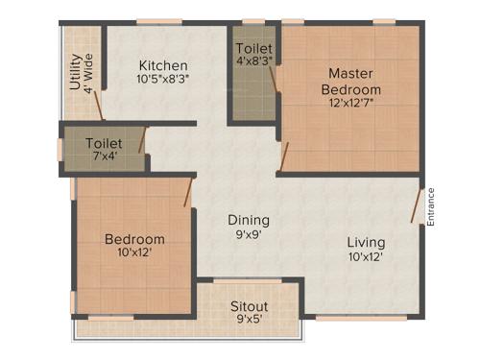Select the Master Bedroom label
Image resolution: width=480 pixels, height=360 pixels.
point(350,81)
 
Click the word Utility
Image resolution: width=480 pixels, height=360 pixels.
point(75,72)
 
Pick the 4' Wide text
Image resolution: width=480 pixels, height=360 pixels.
point(88,72)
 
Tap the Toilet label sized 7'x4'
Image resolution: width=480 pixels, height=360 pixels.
point(103,143)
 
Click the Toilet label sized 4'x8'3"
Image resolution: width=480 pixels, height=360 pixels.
point(253,48)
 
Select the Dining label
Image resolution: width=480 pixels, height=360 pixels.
point(248,219)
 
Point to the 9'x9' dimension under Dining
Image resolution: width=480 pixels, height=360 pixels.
point(248,233)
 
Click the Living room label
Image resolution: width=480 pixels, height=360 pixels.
point(366,242)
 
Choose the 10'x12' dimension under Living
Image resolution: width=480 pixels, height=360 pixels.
point(366,256)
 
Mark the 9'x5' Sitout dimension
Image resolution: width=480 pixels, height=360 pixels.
point(249,321)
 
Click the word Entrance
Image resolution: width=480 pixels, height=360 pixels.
point(431,205)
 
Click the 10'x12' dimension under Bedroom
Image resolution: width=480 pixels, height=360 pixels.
point(134,253)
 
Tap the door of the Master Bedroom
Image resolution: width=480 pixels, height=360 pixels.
point(283,154)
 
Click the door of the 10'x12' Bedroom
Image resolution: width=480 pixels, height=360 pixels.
point(189,192)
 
